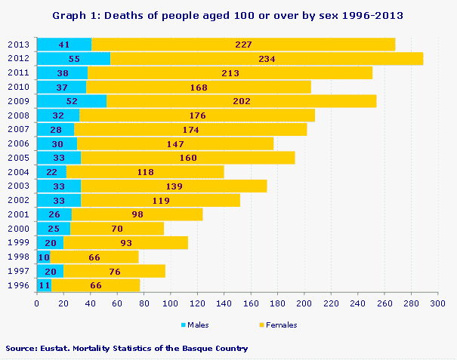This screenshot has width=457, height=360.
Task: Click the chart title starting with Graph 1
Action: coord(228,15)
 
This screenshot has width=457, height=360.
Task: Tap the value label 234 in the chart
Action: coord(266,58)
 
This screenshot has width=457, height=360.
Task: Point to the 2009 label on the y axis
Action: coord(18,100)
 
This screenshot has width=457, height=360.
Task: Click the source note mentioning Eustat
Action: coord(127,348)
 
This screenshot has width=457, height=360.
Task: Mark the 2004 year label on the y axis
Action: coord(18,171)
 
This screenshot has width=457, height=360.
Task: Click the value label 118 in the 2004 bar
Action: coord(146,171)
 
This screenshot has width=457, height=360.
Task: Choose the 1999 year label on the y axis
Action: coord(18,242)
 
